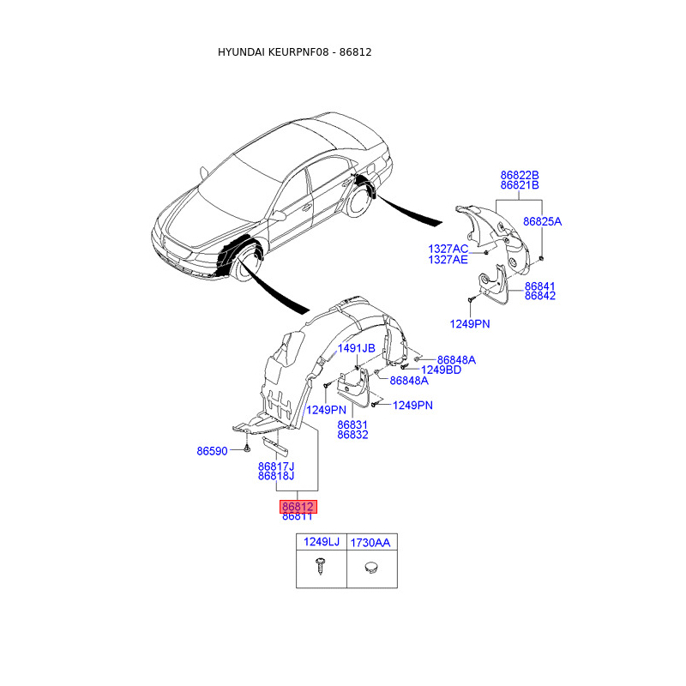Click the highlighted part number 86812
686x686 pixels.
coord(297,506)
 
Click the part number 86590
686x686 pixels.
coord(212,450)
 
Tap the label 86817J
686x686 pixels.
coord(276,466)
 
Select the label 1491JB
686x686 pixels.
coord(356,348)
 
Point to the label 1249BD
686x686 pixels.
coord(441,370)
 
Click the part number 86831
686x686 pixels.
coord(352,424)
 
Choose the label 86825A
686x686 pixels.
coord(543,221)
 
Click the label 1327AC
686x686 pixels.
coord(448,249)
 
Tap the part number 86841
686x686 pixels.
coord(540,286)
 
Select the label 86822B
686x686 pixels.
coord(520,175)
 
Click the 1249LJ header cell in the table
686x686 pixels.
coord(321,542)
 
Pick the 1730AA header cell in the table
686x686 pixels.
coord(371,542)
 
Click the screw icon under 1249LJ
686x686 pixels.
coord(321,567)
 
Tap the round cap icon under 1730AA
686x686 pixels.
coord(371,567)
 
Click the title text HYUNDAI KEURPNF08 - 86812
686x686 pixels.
coord(294,52)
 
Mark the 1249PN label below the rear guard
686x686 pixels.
coord(470,323)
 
